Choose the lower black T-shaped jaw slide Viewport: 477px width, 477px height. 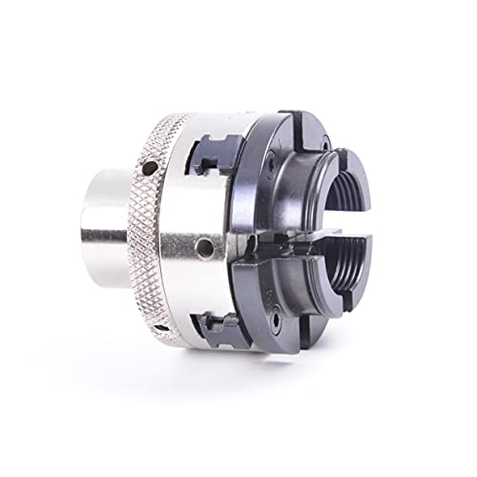[226, 329]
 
